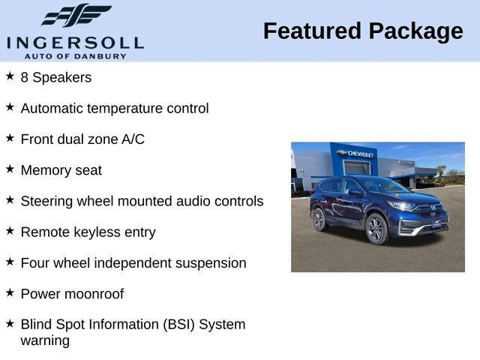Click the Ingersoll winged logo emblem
coord(75,15)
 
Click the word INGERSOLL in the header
coord(75,41)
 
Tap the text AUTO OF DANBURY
coord(75,55)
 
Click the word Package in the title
coord(416,31)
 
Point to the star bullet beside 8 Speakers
coord(10,76)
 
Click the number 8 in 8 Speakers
coord(25,77)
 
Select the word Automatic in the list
coord(52,109)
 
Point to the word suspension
coord(210,263)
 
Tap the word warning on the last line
coord(45,340)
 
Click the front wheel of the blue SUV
coord(376,229)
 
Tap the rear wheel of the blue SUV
coord(319,219)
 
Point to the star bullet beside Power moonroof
coord(10,293)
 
